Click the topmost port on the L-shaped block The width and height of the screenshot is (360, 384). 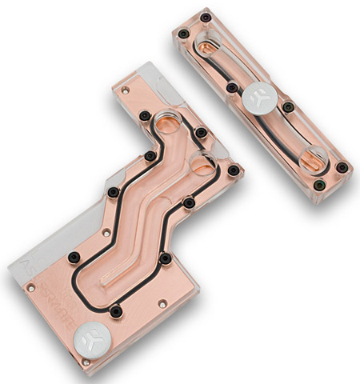170,122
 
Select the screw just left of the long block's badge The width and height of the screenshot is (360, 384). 231,87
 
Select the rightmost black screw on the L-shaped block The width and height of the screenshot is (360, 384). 233,170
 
